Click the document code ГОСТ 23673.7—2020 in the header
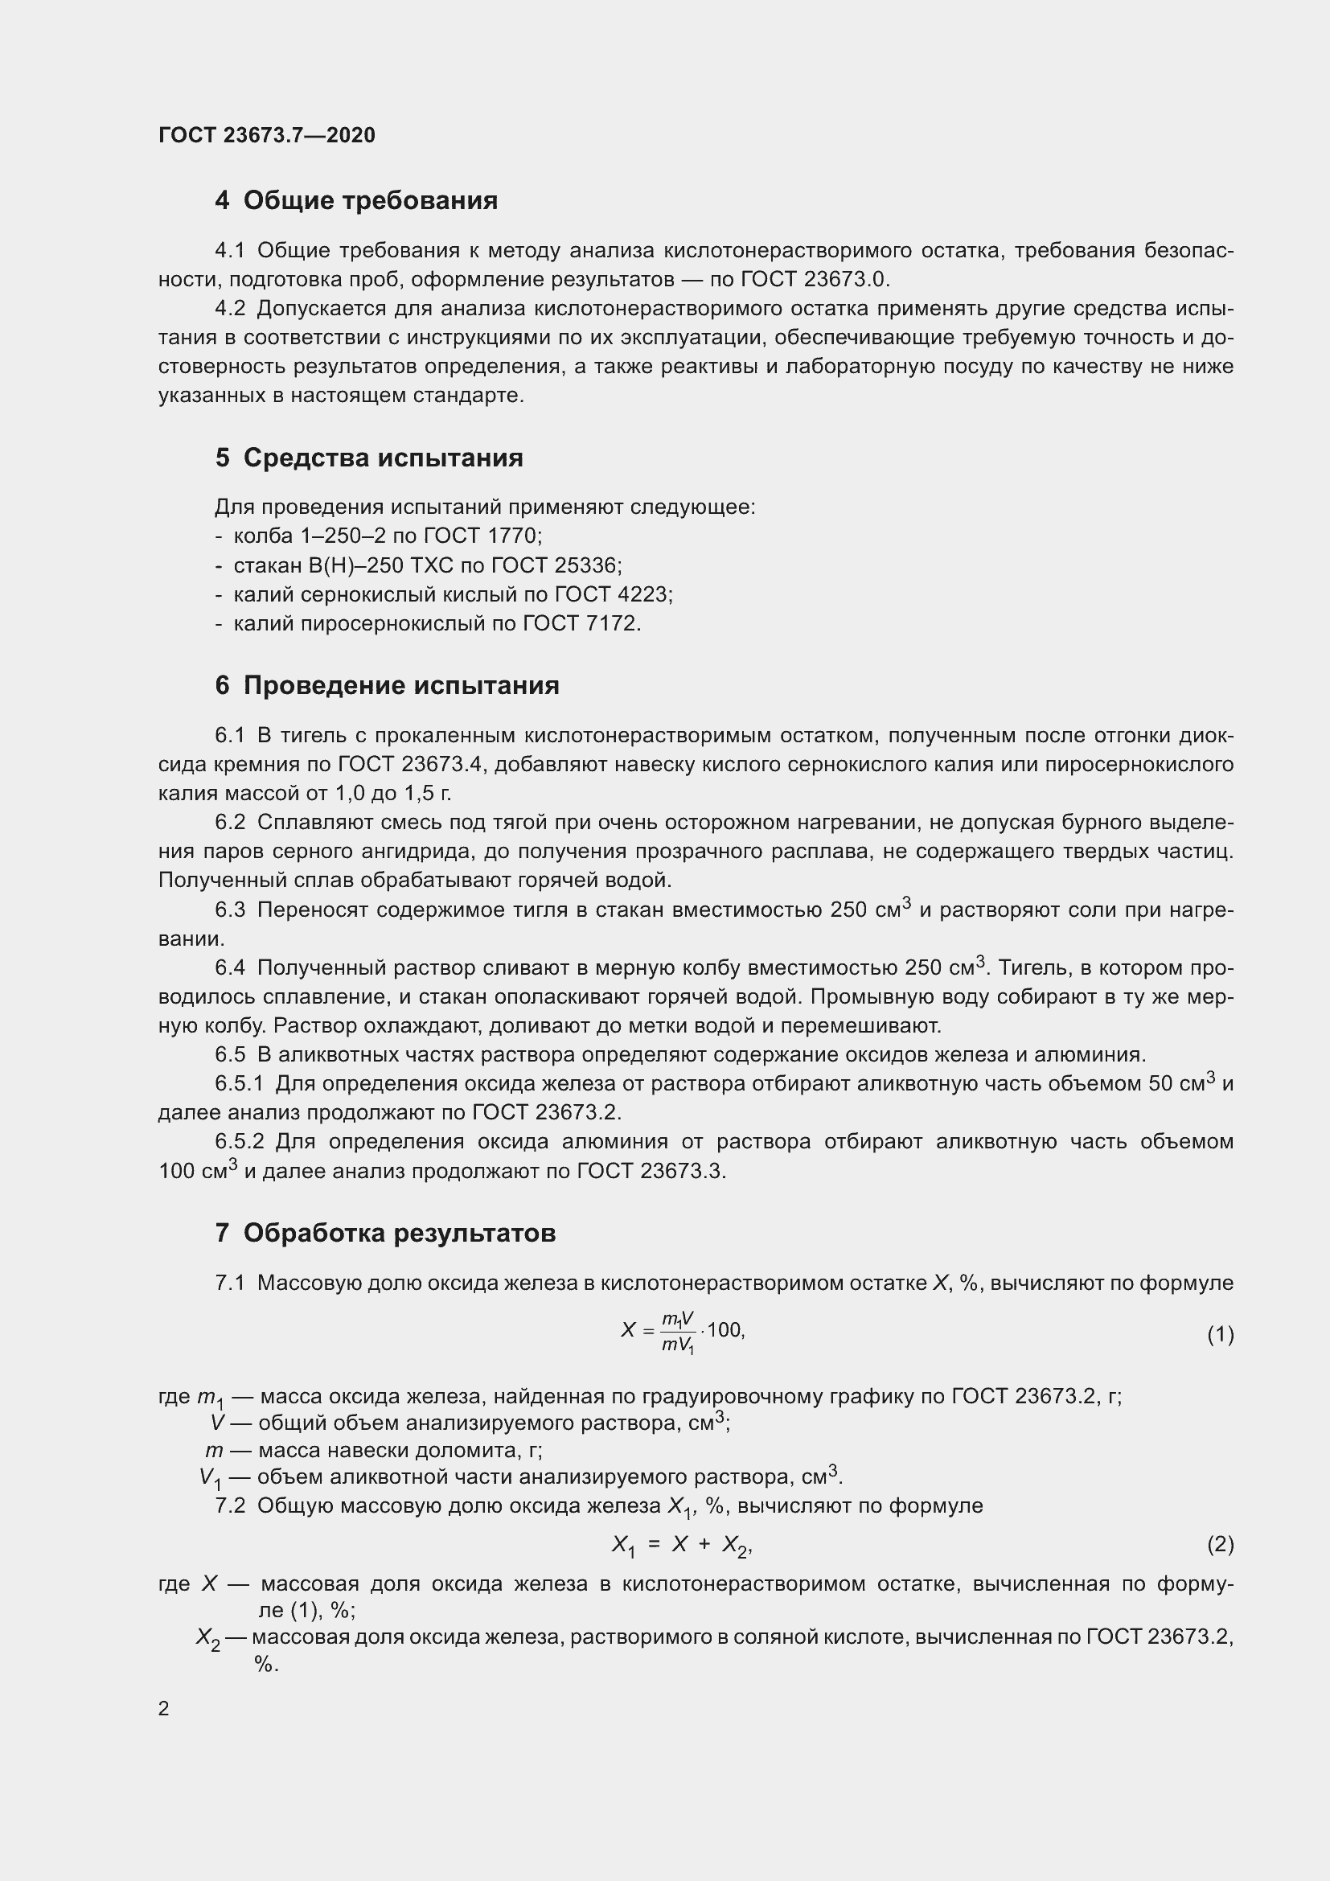[267, 135]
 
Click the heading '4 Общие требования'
[356, 200]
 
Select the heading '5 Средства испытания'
[368, 457]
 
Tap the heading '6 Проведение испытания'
[387, 685]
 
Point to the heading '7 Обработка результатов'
[385, 1232]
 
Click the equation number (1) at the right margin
[1220, 1335]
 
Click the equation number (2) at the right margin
[1220, 1544]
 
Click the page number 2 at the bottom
[164, 1708]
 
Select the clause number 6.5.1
[239, 1084]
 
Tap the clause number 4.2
[230, 309]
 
